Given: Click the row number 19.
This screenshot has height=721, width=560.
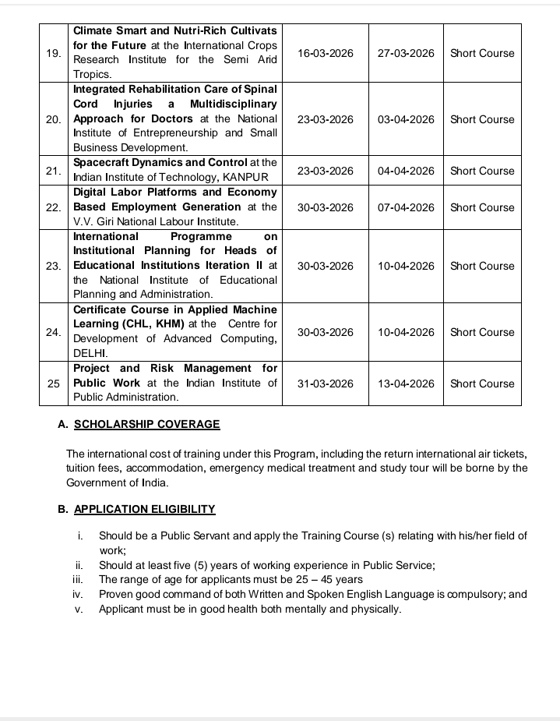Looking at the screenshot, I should tap(53, 53).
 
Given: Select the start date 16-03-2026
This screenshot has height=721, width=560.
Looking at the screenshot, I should tap(326, 53).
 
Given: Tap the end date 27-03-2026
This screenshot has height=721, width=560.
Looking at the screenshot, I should tap(406, 53).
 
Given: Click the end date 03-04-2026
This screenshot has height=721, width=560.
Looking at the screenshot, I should tap(406, 119).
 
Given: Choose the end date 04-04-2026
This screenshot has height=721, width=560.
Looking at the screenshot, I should tap(406, 171).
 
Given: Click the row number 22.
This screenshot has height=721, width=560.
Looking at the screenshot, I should tap(53, 207).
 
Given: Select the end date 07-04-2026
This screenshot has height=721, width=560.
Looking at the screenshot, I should tap(406, 207).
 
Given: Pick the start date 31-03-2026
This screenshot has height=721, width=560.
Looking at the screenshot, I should tap(326, 383).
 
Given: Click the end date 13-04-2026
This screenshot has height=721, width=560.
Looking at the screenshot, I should tap(406, 383).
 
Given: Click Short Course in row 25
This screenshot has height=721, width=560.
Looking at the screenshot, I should tap(482, 383).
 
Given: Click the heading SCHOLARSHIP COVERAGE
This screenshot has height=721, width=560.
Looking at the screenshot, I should tap(146, 425).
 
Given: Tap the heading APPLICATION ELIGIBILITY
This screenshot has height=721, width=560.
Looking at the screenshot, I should tap(144, 510).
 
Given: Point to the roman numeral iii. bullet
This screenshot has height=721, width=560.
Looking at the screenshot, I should tap(78, 579).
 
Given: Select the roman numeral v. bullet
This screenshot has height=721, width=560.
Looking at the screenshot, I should tap(79, 609).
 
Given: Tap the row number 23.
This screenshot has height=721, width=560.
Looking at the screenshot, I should tap(53, 266).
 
